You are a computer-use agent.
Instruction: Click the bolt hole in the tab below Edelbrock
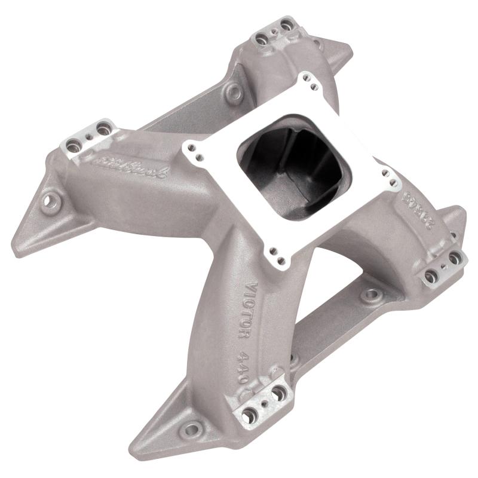[x=50, y=200]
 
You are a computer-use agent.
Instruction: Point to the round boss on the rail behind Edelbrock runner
[x=234, y=93]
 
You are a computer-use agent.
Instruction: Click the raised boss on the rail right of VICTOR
[x=371, y=293]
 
